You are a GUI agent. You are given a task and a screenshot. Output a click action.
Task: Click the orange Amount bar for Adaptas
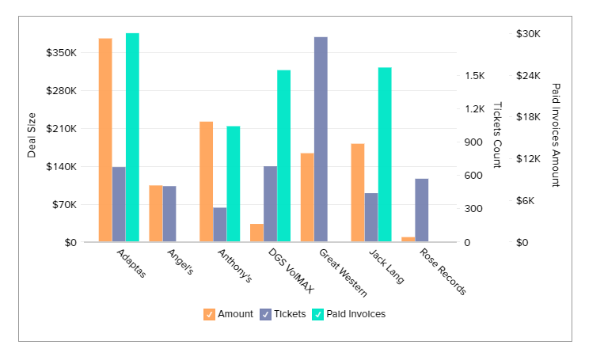(104, 140)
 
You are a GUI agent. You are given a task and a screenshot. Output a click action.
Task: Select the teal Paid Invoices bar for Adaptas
(132, 138)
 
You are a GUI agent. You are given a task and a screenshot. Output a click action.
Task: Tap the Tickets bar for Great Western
(321, 139)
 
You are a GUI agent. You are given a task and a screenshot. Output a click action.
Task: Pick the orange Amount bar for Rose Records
(408, 239)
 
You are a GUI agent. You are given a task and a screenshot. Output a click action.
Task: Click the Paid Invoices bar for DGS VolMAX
(283, 156)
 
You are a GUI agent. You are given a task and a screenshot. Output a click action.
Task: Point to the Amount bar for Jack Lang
(358, 192)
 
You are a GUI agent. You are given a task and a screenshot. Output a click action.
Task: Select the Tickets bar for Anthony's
(219, 225)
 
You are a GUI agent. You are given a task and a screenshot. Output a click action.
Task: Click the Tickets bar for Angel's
(169, 214)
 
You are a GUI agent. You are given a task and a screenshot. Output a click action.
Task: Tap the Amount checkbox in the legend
(209, 314)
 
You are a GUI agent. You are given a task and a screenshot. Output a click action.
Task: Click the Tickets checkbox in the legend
(265, 314)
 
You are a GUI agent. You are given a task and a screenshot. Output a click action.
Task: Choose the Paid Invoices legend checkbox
(318, 314)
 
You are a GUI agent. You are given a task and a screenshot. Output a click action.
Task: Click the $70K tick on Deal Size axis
(64, 205)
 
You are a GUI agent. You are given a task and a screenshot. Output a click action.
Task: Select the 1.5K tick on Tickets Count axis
(475, 76)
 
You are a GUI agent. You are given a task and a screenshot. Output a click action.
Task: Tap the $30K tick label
(528, 34)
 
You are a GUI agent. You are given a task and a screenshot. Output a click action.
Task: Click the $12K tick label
(528, 159)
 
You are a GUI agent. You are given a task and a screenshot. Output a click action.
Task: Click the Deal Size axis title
(32, 135)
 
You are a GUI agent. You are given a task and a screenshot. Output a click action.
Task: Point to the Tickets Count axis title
(497, 135)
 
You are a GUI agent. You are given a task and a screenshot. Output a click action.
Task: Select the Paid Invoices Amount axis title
(555, 135)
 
